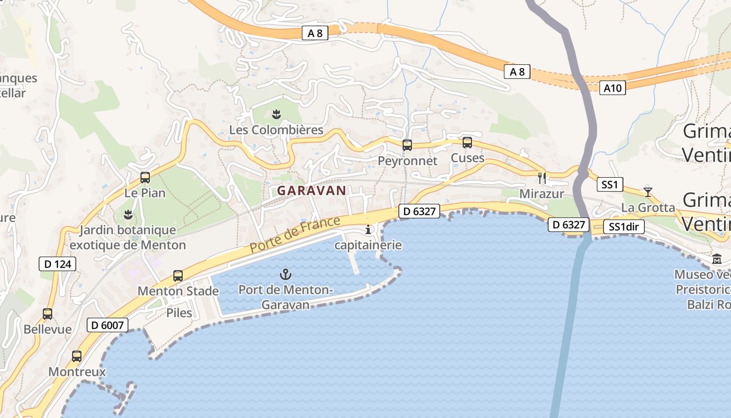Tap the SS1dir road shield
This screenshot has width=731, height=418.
623,227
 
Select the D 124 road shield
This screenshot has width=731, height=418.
57,264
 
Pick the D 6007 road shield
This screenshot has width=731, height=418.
107,326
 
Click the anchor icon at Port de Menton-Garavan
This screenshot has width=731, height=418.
285,274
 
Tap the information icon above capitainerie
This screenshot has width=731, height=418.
368,229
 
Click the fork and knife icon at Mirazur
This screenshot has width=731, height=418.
541,178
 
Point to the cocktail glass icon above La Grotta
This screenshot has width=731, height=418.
647,191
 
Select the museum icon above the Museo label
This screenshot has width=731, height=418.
716,259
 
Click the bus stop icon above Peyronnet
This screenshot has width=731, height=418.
407,145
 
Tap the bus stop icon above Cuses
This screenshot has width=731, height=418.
467,142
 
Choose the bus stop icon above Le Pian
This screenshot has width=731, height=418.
145,178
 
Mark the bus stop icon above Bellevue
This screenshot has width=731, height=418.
48,314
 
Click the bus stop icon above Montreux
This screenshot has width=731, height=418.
77,356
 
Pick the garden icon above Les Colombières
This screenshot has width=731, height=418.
276,114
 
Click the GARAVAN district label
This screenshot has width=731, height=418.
311,191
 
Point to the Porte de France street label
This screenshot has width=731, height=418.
295,235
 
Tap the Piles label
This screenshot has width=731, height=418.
179,313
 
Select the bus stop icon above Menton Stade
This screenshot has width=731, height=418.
178,275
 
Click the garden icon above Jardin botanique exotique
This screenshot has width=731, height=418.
127,214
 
